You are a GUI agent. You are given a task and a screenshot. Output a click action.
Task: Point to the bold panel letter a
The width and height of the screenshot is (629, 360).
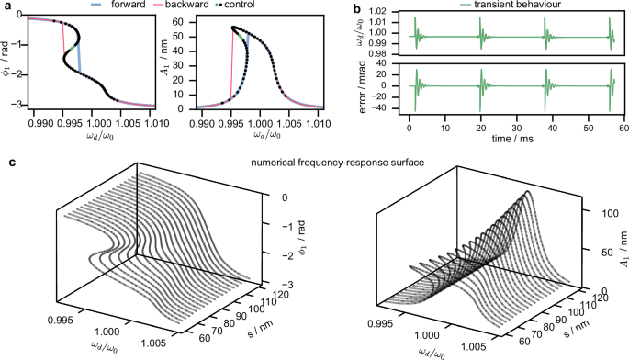(8, 7)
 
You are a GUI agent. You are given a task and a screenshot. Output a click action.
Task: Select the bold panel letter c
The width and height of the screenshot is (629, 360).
(8, 163)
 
